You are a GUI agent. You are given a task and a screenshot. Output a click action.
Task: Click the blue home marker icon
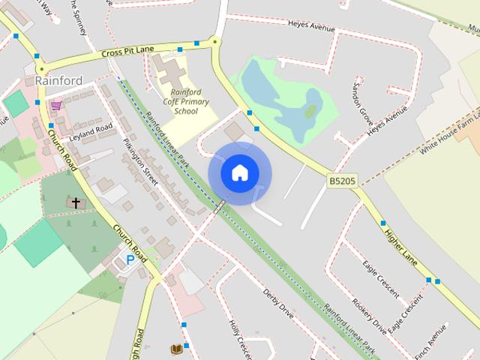point(239,172)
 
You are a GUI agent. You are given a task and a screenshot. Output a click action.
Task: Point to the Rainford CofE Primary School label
point(185,101)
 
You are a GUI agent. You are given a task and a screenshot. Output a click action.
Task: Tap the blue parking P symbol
point(130,259)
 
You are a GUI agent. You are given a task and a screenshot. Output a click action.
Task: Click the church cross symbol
point(76,202)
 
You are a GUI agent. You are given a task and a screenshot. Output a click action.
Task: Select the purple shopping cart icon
point(55,105)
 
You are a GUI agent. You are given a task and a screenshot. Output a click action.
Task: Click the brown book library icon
point(176,349)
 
